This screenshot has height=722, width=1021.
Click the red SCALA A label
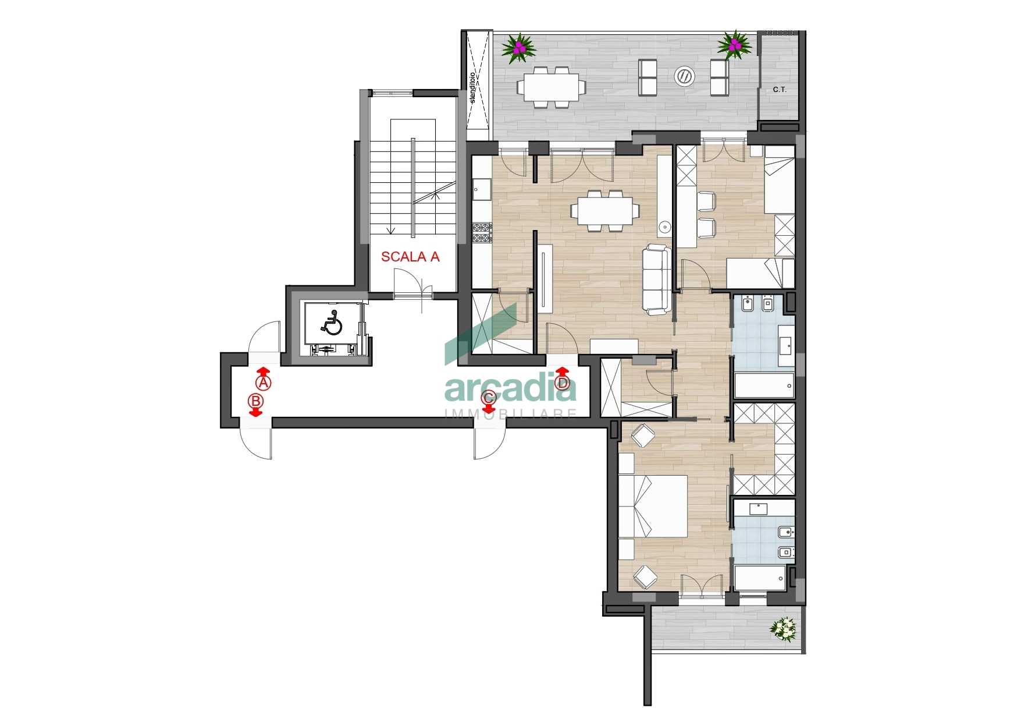tap(410, 257)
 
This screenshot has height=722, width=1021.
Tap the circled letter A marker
tap(264, 383)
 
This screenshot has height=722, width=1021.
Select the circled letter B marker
tap(255, 401)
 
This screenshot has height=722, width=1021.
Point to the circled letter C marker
tap(489, 398)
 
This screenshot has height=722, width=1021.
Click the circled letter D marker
tap(562, 383)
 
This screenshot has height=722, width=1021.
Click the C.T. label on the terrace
tap(780, 90)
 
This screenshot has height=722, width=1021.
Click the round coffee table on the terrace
tap(684, 76)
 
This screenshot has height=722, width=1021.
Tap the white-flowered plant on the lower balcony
tap(783, 629)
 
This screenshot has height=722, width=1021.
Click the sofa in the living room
tap(657, 280)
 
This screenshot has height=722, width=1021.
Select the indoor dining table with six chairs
tap(605, 211)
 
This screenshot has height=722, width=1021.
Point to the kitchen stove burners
tap(482, 233)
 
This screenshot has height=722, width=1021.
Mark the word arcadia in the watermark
tap(511, 388)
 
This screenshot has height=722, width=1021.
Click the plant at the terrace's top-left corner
tap(518, 48)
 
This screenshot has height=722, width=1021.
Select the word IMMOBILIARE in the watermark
tap(511, 413)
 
